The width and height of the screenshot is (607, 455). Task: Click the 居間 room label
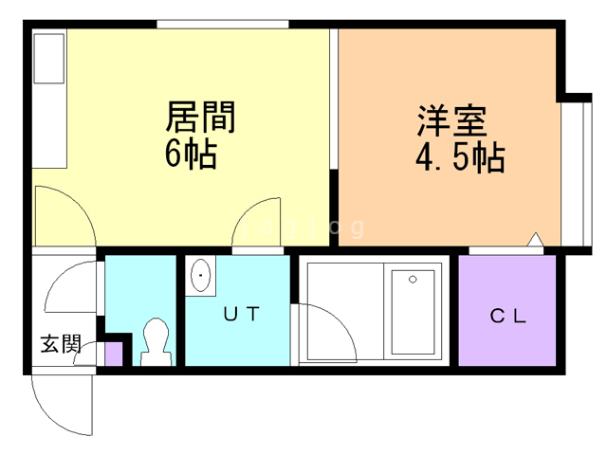200,118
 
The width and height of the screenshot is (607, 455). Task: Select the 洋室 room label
452,122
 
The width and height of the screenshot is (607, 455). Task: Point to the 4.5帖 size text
459,157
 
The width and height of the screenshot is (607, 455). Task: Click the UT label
241,314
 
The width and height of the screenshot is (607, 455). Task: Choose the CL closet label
508,317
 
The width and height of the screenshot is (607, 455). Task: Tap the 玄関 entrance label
59,344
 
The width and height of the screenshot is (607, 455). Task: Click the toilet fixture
154,340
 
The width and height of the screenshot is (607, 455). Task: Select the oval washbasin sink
201,277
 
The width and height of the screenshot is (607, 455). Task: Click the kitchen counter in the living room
48,99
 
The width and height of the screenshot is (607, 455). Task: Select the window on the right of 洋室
573,171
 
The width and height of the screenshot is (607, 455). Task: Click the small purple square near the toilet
113,355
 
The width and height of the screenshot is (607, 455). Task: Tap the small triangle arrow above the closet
536,239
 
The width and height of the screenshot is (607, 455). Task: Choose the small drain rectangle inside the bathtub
412,279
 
